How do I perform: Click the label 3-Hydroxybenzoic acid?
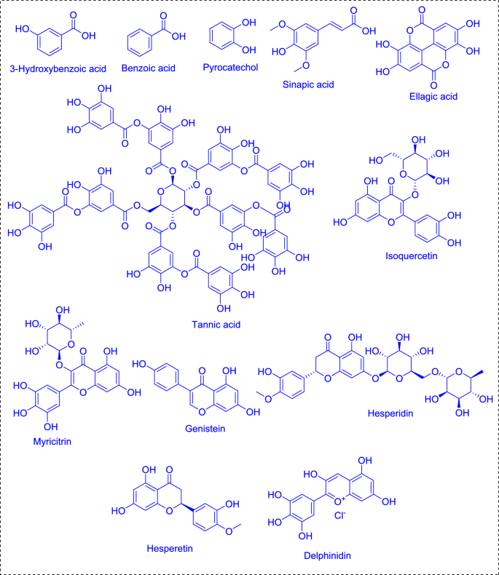point(58,69)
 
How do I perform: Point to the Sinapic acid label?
point(307,84)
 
